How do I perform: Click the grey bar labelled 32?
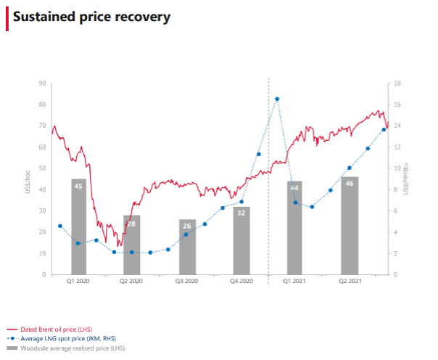click(241, 241)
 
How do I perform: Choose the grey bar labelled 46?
click(350, 226)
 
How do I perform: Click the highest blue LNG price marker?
click(277, 99)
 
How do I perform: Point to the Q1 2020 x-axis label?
click(78, 281)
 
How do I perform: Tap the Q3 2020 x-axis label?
click(187, 281)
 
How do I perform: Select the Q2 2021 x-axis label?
click(350, 281)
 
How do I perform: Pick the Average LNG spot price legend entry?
click(70, 339)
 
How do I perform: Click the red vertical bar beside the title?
click(7, 17)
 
